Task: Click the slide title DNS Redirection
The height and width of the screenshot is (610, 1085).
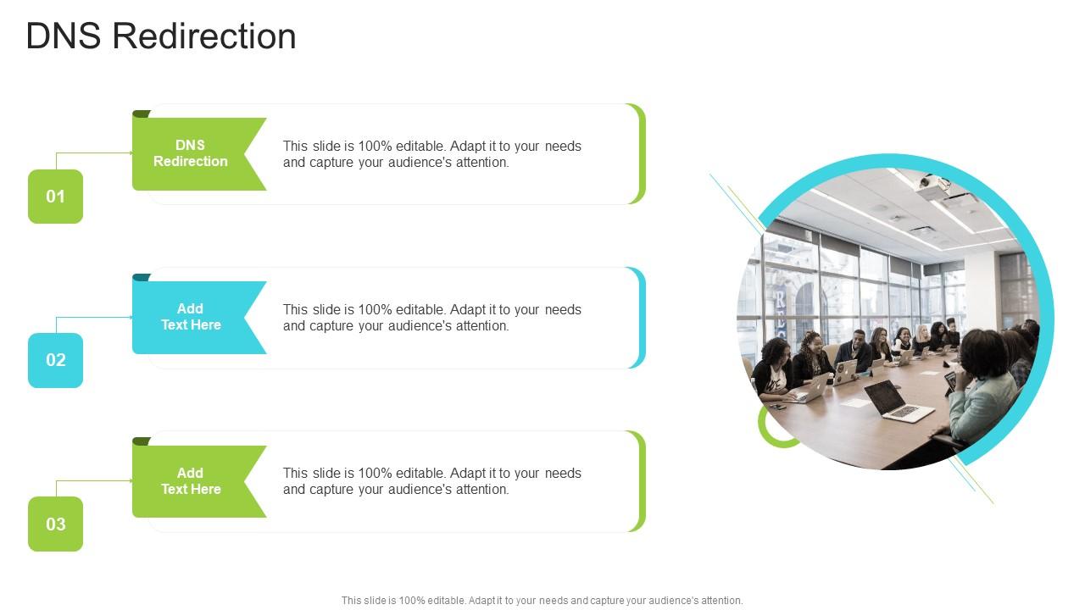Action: (x=161, y=36)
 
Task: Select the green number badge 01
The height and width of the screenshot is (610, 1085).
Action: (x=55, y=197)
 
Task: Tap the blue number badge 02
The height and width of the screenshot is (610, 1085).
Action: (x=55, y=360)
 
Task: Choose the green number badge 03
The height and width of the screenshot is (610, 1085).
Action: (x=55, y=524)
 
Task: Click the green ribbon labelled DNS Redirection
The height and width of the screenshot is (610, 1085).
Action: (x=191, y=153)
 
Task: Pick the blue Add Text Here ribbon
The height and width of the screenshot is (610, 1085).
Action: (x=191, y=317)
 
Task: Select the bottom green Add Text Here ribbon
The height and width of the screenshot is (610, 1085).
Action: (x=191, y=481)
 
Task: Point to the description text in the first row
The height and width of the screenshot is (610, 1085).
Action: (x=431, y=154)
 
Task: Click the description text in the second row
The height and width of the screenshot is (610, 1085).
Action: (x=431, y=318)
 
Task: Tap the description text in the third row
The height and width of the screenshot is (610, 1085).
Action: (x=431, y=481)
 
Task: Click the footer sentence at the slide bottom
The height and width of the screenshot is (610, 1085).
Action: (x=542, y=600)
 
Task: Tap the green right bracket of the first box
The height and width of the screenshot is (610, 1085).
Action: (x=640, y=154)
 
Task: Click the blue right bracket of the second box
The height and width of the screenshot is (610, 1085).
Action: (x=640, y=318)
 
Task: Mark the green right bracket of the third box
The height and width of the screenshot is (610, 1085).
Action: (x=640, y=481)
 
